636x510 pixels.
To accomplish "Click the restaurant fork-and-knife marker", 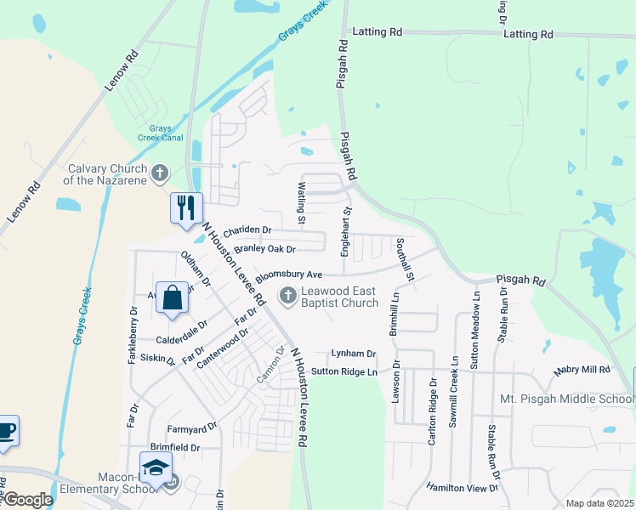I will click(186, 207).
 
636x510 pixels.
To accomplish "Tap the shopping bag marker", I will click(172, 298).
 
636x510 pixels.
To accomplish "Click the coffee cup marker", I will click(5, 430).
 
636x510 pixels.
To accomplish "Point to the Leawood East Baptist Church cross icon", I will click(287, 296).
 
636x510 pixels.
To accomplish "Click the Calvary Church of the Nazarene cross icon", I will click(159, 175).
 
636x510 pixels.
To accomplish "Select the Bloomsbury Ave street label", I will click(289, 275).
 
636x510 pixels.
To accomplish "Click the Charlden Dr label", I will click(247, 230).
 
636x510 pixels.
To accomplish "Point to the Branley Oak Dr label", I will click(264, 249).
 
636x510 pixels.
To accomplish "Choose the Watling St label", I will click(302, 203).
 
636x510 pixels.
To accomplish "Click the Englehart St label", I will click(346, 227).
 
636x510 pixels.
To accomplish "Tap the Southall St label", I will click(403, 258).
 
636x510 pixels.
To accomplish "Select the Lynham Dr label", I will click(354, 353).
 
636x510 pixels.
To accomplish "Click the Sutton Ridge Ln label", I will click(344, 371).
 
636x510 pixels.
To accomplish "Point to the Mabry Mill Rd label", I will click(582, 370).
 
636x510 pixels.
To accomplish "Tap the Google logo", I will click(27, 501).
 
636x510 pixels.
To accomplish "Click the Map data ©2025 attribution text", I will click(599, 503).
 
